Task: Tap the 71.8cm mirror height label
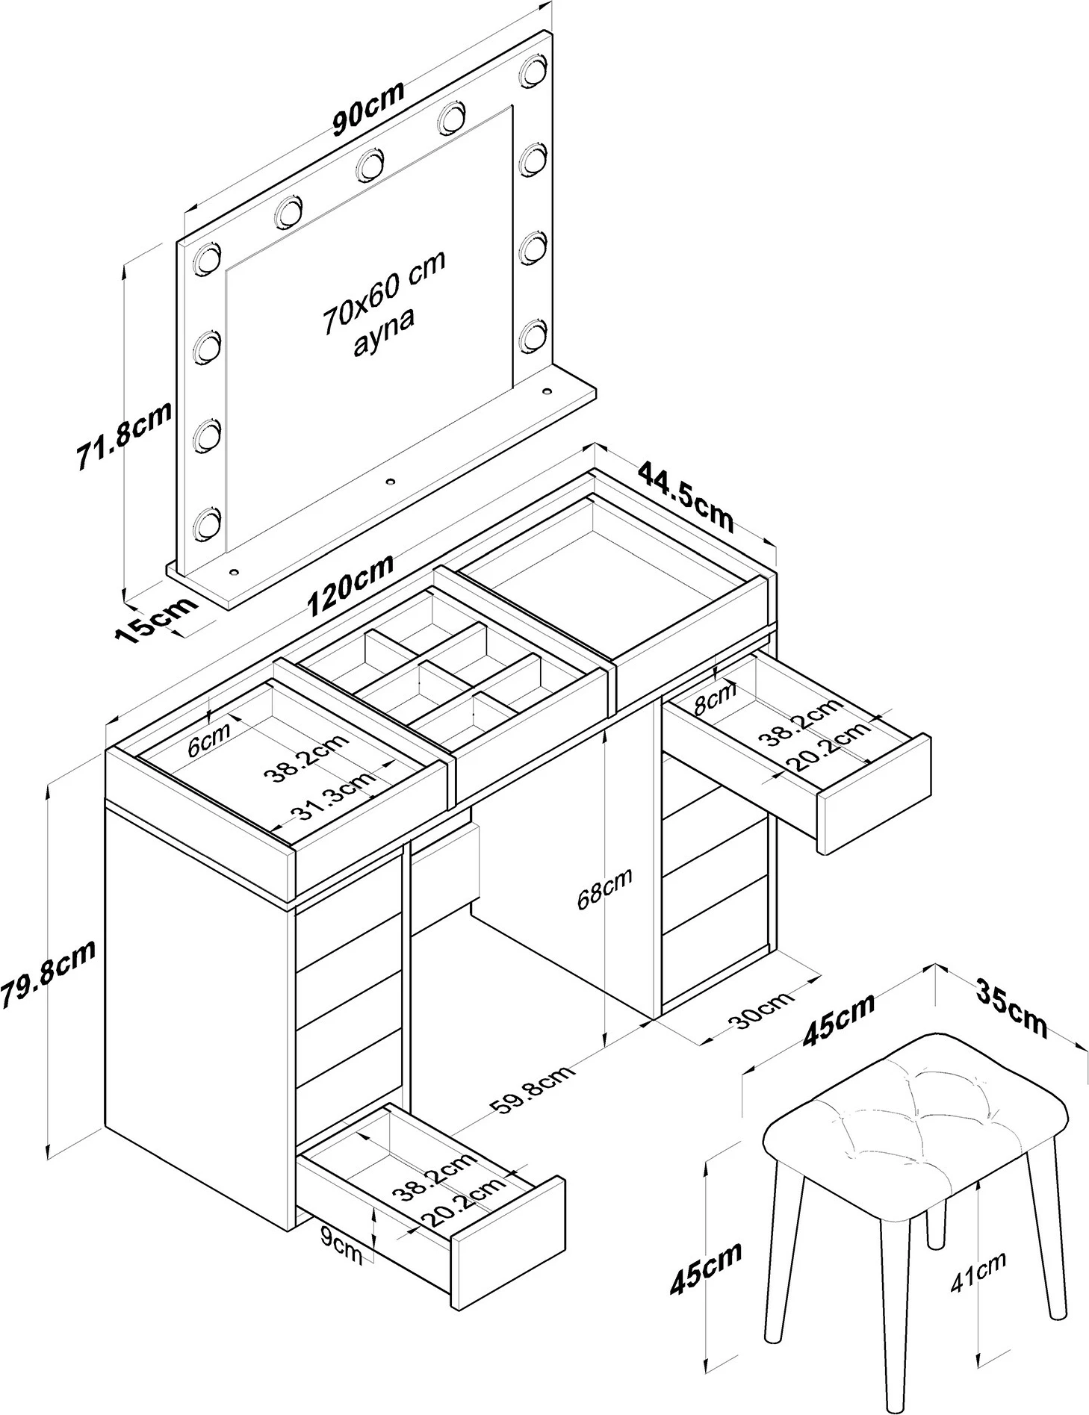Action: tap(124, 435)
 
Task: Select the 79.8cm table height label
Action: tap(48, 975)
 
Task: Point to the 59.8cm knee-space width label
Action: tap(535, 1094)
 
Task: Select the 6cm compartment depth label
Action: tap(208, 742)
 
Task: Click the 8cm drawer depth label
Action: tap(715, 698)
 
